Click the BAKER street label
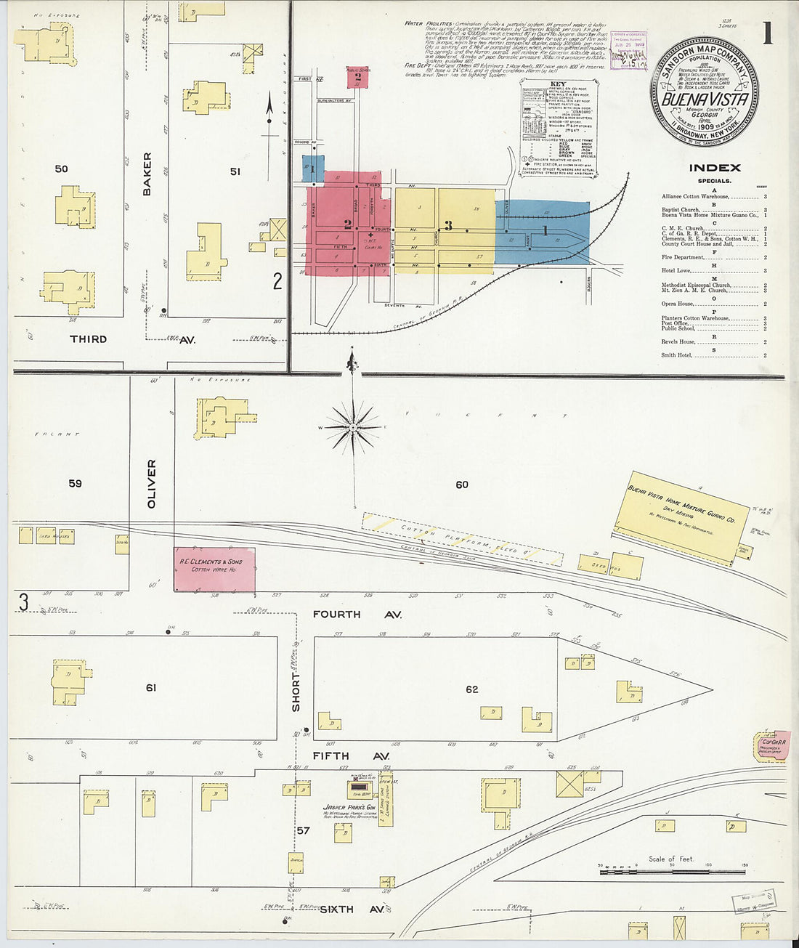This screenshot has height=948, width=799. point(147,174)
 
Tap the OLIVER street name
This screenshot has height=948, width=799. point(152,483)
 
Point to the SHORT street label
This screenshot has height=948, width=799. point(296,692)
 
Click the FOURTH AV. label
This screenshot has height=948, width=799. point(357,615)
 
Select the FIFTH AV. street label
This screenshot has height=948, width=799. point(350,756)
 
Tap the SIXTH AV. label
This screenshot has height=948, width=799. point(352,909)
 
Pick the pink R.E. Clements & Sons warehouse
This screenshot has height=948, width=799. point(214,569)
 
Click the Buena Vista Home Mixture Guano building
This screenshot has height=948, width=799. point(681,515)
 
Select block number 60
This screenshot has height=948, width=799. point(462,485)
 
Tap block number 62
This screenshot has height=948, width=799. point(472,689)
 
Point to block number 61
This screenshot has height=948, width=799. point(151,687)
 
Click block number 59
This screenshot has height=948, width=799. point(75,483)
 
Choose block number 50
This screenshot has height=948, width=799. point(61,169)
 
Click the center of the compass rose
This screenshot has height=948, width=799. point(354,428)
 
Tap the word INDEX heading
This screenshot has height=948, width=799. point(715,168)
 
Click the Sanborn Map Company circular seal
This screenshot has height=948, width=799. point(704,91)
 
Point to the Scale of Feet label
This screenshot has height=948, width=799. point(671,859)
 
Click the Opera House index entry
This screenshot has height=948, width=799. point(678,304)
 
